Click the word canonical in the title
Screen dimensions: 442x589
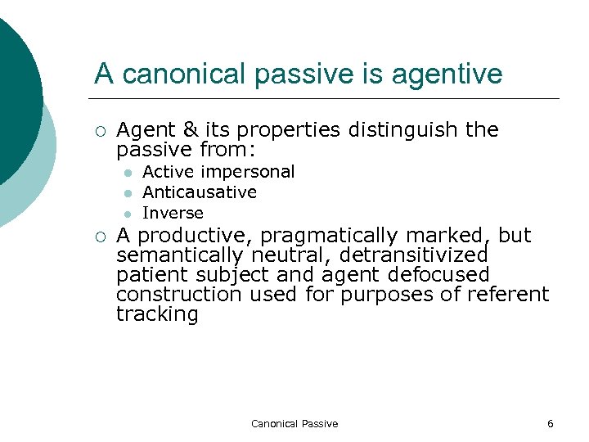point(182,74)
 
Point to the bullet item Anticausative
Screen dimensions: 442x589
point(200,192)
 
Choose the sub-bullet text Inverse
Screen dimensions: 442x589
point(173,213)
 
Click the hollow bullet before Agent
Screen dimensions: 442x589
point(100,131)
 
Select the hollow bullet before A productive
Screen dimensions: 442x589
point(100,237)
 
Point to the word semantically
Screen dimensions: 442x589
point(180,255)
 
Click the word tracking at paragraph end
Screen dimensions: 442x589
point(157,314)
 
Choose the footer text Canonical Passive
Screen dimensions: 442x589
point(294,423)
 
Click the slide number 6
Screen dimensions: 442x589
point(550,423)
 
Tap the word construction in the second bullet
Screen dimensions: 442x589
point(179,295)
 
